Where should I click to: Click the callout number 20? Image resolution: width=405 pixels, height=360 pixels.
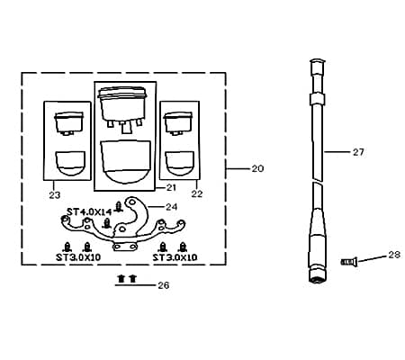click(x=257, y=168)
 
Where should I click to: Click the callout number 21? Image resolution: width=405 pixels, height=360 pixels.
click(x=171, y=188)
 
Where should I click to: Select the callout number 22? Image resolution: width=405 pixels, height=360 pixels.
click(x=197, y=193)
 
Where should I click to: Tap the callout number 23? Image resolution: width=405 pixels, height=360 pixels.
click(x=55, y=195)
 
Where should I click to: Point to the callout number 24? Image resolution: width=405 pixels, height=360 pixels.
click(x=171, y=207)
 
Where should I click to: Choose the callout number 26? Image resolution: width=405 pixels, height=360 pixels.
click(x=164, y=285)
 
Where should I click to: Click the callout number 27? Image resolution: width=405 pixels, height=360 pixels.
click(x=358, y=152)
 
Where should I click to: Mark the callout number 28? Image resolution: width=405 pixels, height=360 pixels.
click(x=394, y=255)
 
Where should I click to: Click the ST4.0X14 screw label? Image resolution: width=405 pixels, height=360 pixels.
click(x=89, y=212)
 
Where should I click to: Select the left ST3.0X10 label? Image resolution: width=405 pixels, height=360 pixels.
click(x=78, y=257)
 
